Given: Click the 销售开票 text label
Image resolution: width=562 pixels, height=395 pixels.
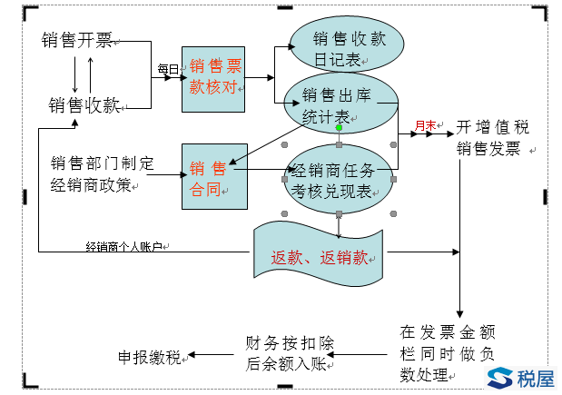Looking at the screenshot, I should [77, 41].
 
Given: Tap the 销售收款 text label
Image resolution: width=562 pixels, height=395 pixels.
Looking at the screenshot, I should [84, 105].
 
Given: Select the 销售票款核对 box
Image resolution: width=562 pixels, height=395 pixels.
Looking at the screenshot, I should [213, 79].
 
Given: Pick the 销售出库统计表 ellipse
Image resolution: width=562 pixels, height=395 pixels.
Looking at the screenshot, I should [341, 104].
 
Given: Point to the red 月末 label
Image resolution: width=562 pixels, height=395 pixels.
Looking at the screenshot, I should [424, 125].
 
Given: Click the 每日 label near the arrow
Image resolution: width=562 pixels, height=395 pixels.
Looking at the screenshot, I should [168, 70].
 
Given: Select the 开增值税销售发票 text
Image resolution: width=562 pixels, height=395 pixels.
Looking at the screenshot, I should [490, 137].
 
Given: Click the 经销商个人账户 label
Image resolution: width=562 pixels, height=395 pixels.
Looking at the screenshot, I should [123, 246].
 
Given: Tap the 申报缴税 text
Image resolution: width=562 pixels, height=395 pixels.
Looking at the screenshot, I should [150, 357].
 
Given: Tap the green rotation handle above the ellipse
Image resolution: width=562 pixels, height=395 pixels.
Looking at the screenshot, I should [339, 128].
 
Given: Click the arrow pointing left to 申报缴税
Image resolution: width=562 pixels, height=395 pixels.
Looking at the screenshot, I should [212, 356].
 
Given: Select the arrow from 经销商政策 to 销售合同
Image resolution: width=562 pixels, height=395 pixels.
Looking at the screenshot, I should [163, 174].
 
